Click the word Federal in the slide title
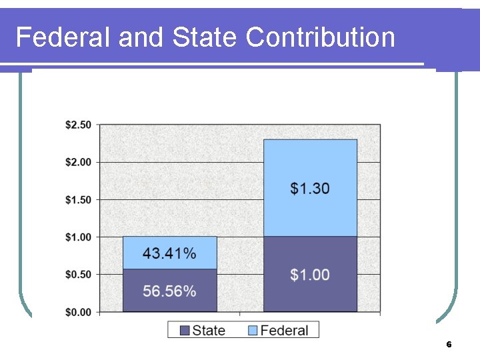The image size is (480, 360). pos(63,37)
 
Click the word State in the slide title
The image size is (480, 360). pos(205,37)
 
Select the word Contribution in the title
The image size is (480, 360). pos(320,37)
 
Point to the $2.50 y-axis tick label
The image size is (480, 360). pos(79,125)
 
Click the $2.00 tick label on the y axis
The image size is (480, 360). pos(79,162)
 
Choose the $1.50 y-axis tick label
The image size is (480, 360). pos(79,199)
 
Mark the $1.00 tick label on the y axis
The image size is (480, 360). pos(79,237)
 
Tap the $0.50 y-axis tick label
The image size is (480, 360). pos(79,274)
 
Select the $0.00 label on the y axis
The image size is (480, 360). pos(79,311)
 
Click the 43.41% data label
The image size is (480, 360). pos(169,253)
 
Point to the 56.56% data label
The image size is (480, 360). pos(169,291)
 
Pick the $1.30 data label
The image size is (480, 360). pos(310,189)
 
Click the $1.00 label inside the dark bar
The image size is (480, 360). pos(310,275)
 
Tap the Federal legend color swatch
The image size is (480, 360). pos(253,330)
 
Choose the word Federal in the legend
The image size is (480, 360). pos(284,330)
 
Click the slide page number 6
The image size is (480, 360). pos(449,345)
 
